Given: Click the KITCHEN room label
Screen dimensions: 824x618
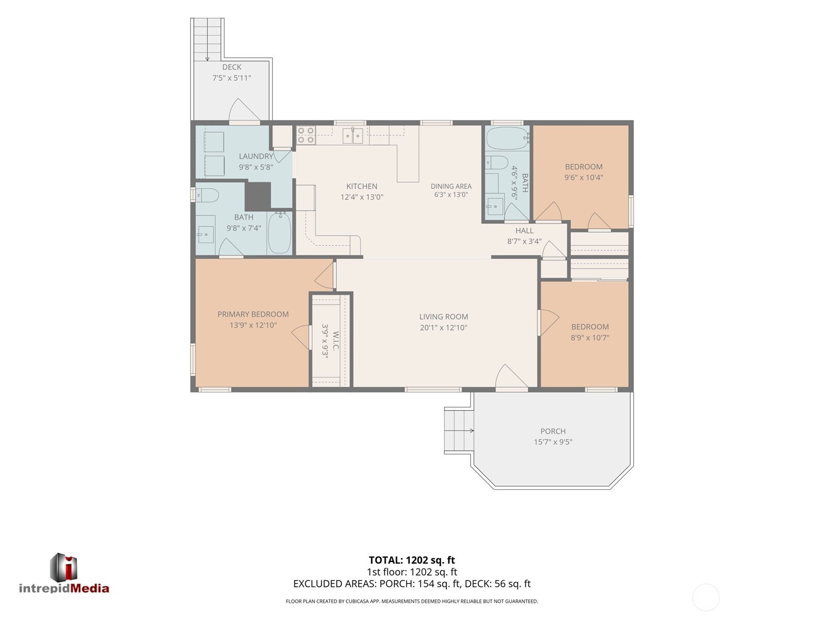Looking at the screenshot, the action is point(362,186).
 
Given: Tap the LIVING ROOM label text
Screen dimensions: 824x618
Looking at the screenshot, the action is point(443,317).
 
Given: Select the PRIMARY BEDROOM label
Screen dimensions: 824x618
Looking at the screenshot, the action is point(253,314).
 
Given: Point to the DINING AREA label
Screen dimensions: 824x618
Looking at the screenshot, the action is point(451,186).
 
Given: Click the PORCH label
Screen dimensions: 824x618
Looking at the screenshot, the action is point(553,431).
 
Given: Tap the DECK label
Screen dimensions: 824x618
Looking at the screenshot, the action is point(231,67).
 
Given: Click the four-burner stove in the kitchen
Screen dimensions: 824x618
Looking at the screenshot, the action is point(306,135).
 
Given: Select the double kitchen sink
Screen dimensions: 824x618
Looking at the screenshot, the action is point(353,135).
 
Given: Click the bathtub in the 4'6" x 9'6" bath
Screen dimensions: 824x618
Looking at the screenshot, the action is point(508,138).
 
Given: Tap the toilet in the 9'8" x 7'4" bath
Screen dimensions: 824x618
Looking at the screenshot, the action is point(207,195).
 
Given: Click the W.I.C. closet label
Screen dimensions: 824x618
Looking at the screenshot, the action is point(335,340).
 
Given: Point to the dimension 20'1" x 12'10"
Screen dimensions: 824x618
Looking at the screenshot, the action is point(443,328).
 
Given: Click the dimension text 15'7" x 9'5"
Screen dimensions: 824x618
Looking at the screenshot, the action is point(553,442).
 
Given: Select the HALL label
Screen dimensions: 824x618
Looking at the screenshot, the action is point(524,230).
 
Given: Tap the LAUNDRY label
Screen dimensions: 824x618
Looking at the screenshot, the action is point(256,156).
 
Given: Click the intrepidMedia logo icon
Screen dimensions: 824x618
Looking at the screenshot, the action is point(63,567).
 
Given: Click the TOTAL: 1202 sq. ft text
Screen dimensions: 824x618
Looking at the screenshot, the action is point(412,560).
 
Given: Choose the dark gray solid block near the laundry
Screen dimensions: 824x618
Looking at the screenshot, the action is point(258,196).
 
